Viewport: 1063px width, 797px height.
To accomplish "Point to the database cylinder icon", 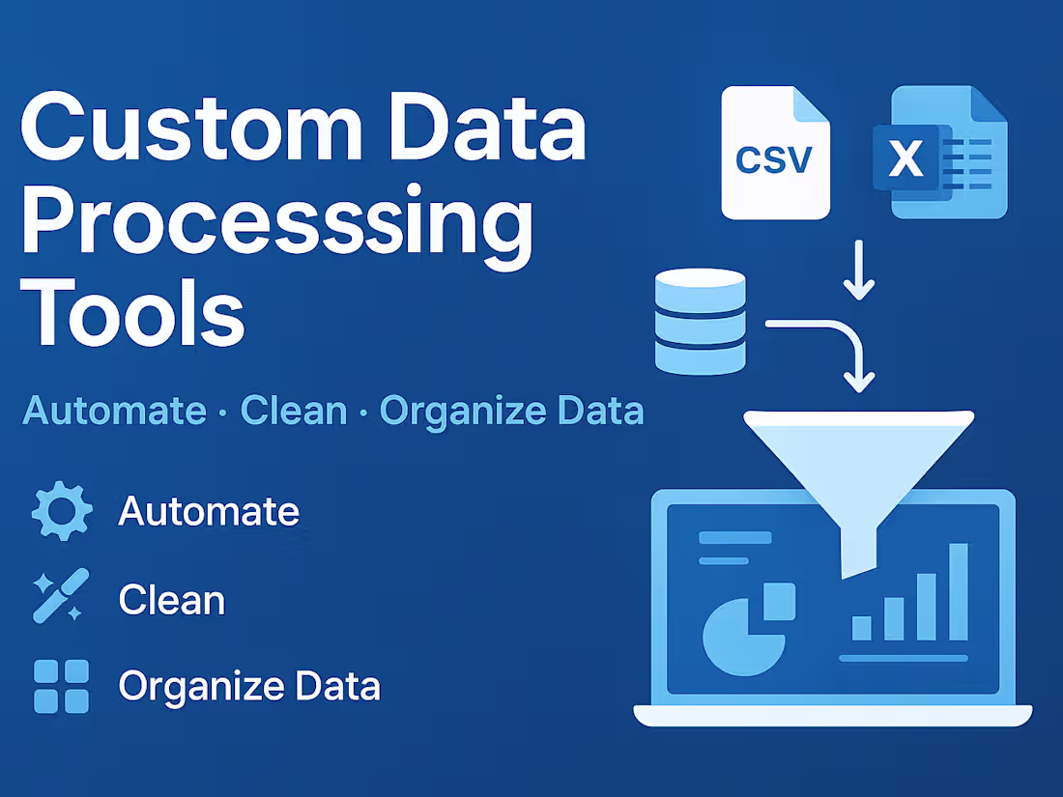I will tap(701, 322).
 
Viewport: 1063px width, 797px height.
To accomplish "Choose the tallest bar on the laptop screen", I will tap(958, 591).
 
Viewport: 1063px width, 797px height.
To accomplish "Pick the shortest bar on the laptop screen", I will tap(861, 628).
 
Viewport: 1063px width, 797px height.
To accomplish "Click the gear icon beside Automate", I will tap(62, 511).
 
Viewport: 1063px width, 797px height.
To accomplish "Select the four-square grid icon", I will tap(61, 686).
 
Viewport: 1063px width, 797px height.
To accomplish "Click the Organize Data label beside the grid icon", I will tap(249, 686).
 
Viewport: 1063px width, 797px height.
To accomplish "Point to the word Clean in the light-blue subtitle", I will tap(293, 411).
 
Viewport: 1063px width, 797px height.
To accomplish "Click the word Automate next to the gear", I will tap(208, 511).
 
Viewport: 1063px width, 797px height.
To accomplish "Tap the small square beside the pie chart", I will tap(779, 601).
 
